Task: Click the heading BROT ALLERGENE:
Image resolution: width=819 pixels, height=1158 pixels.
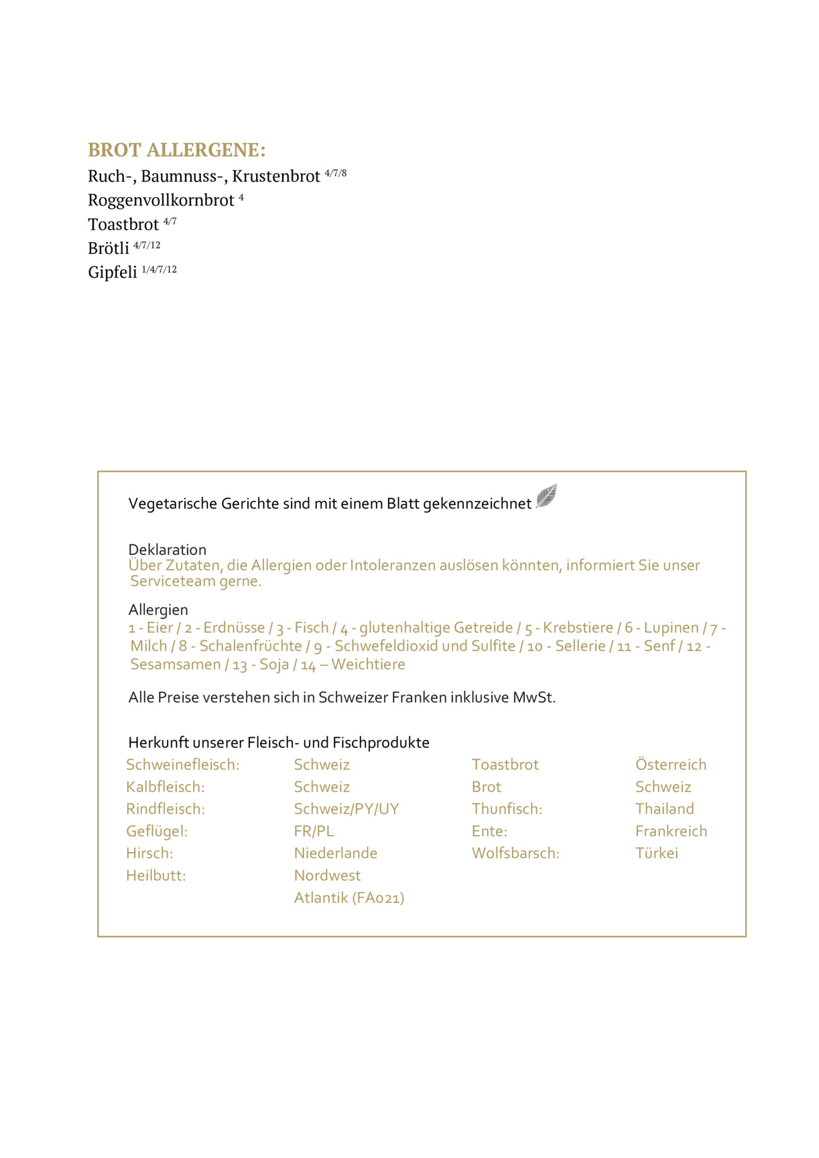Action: [x=176, y=149]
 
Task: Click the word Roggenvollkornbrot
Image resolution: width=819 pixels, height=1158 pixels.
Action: [x=161, y=200]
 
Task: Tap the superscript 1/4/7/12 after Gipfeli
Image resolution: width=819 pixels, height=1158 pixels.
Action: [x=160, y=269]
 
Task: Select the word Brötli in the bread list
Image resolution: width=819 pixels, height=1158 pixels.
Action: [x=108, y=249]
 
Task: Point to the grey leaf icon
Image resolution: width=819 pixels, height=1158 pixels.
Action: [x=546, y=497]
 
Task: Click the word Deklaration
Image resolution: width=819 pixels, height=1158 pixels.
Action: [x=167, y=550]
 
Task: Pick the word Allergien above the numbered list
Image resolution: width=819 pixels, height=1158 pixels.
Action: [x=158, y=610]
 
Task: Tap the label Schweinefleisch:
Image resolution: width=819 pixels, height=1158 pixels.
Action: [x=182, y=765]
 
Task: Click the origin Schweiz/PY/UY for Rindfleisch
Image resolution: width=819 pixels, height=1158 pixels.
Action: [x=346, y=809]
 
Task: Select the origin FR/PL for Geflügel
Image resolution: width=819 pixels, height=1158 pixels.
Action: [x=314, y=831]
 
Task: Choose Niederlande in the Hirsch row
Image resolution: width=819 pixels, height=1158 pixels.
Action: [x=335, y=853]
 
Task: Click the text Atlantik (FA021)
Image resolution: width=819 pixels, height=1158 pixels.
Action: [x=349, y=898]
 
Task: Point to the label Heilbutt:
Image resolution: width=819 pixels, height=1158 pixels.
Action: [x=155, y=875]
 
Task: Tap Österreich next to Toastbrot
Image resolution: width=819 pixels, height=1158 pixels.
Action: [x=670, y=765]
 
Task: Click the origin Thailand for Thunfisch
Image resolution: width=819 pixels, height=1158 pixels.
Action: [x=664, y=809]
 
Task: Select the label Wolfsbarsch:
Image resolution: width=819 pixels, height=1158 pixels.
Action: [x=515, y=853]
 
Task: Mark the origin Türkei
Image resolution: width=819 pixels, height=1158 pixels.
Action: [x=656, y=853]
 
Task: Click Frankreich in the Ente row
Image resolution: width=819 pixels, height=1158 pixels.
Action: [x=671, y=831]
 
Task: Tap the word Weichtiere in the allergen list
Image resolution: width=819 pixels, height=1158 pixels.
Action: [x=368, y=665]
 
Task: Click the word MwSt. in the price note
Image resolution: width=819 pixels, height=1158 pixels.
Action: [x=533, y=698]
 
